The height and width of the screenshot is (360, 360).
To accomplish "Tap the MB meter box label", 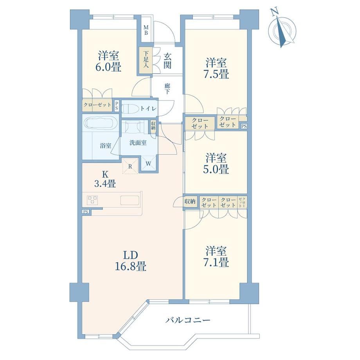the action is click(x=146, y=30).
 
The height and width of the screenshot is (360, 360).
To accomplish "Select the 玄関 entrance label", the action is click(x=167, y=61).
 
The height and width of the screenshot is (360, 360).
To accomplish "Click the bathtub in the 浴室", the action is click(x=100, y=123).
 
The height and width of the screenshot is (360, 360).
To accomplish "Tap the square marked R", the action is click(x=130, y=166).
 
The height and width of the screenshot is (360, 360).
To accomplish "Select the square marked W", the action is click(x=149, y=164).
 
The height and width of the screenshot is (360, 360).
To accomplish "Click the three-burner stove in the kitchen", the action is click(x=92, y=200).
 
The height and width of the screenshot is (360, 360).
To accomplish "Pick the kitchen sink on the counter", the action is click(x=130, y=200).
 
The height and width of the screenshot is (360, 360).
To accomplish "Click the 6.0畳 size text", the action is click(x=108, y=67).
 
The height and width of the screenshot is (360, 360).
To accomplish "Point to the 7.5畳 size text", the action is click(x=216, y=74).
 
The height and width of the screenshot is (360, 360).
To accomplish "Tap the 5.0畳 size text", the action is click(x=216, y=169).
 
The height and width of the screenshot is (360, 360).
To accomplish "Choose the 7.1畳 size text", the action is click(x=216, y=262).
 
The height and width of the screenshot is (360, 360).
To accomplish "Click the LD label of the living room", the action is click(x=131, y=255).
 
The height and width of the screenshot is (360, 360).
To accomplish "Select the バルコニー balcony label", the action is click(x=187, y=320).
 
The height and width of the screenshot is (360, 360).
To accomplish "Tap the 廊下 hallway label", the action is click(x=167, y=89).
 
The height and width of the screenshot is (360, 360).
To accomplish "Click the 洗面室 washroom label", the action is click(x=138, y=143).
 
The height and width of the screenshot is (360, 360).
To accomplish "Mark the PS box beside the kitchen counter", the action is click(x=86, y=212).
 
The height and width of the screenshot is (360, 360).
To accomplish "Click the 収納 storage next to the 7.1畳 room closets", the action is click(x=190, y=202).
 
